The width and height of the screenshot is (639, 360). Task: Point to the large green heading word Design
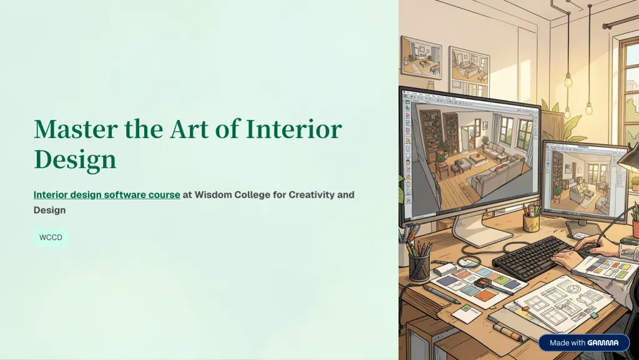[x=75, y=160]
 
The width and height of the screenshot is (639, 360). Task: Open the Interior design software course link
[x=107, y=195]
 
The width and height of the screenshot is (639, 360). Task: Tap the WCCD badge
[x=51, y=238]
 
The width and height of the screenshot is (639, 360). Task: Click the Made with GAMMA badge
[x=584, y=343]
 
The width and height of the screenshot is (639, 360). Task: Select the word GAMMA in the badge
[x=603, y=343]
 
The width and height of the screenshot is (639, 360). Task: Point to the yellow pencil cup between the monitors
[x=531, y=222]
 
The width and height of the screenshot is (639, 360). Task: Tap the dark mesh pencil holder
[x=419, y=267]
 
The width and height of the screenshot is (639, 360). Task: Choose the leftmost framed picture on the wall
[x=421, y=57]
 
